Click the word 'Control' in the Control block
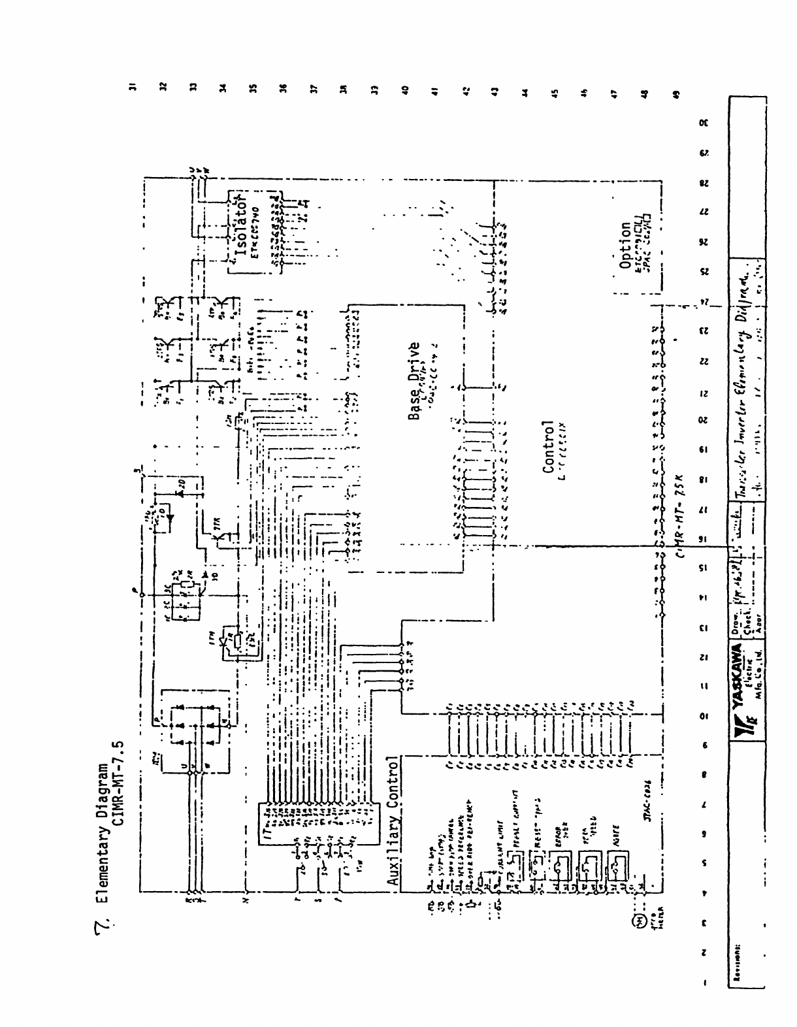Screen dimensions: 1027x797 (x=547, y=448)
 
